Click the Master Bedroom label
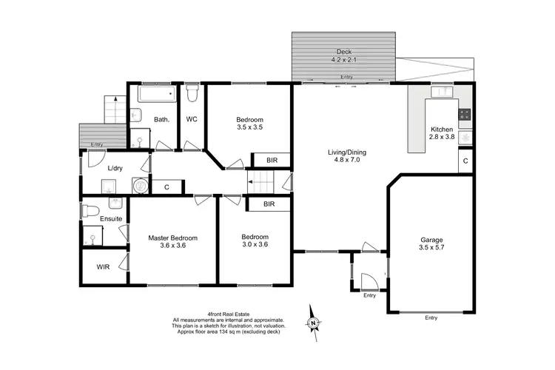[172, 241]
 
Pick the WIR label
[102, 268]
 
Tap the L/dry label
[114, 168]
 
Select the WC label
[191, 119]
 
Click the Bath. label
[162, 119]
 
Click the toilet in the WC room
[192, 94]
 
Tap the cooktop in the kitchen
[465, 114]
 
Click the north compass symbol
[314, 321]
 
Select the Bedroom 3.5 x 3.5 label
[249, 124]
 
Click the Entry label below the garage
[431, 317]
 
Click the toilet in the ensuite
[89, 208]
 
